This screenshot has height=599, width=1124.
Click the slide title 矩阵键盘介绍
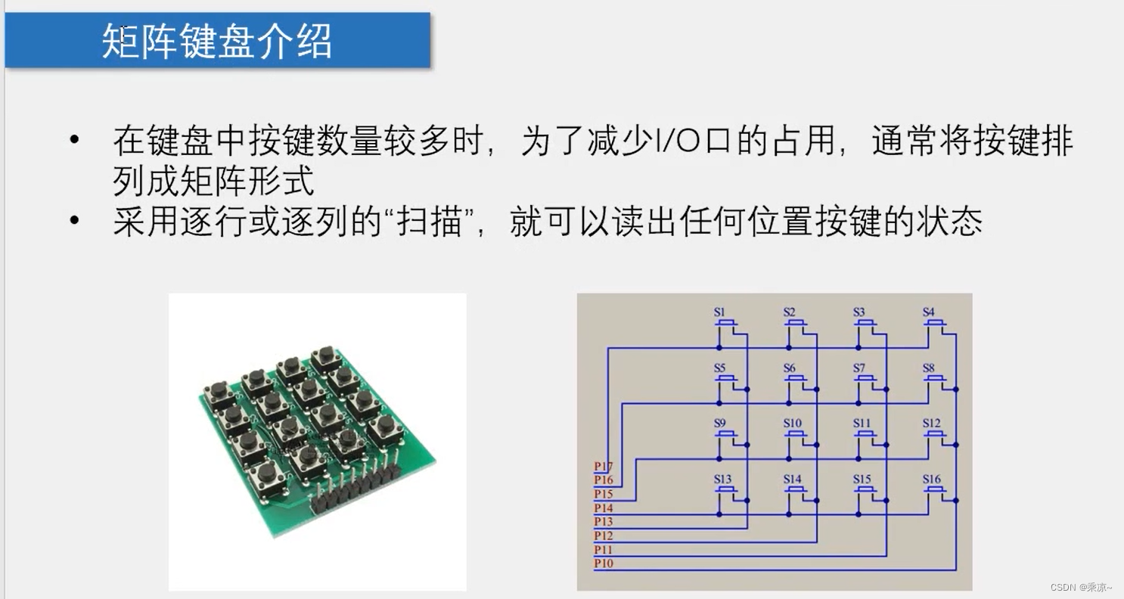pyautogui.click(x=217, y=42)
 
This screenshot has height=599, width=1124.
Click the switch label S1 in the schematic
pyautogui.click(x=719, y=312)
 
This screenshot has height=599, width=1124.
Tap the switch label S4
pyautogui.click(x=928, y=312)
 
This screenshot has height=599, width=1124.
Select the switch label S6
pyautogui.click(x=789, y=368)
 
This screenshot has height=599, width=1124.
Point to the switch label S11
pyautogui.click(x=862, y=424)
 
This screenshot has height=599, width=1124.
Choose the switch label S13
pyautogui.click(x=722, y=480)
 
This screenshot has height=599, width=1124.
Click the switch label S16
pyautogui.click(x=931, y=480)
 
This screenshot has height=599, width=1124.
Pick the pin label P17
pyautogui.click(x=603, y=467)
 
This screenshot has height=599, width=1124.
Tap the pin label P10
pyautogui.click(x=603, y=563)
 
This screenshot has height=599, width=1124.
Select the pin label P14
pyautogui.click(x=603, y=508)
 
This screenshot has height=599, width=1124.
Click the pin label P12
pyautogui.click(x=603, y=536)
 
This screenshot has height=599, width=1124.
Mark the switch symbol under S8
pyautogui.click(x=935, y=379)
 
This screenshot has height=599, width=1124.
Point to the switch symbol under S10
pyautogui.click(x=795, y=435)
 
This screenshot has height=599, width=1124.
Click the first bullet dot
pyautogui.click(x=73, y=141)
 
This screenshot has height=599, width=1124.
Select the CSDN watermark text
pyautogui.click(x=1081, y=587)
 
